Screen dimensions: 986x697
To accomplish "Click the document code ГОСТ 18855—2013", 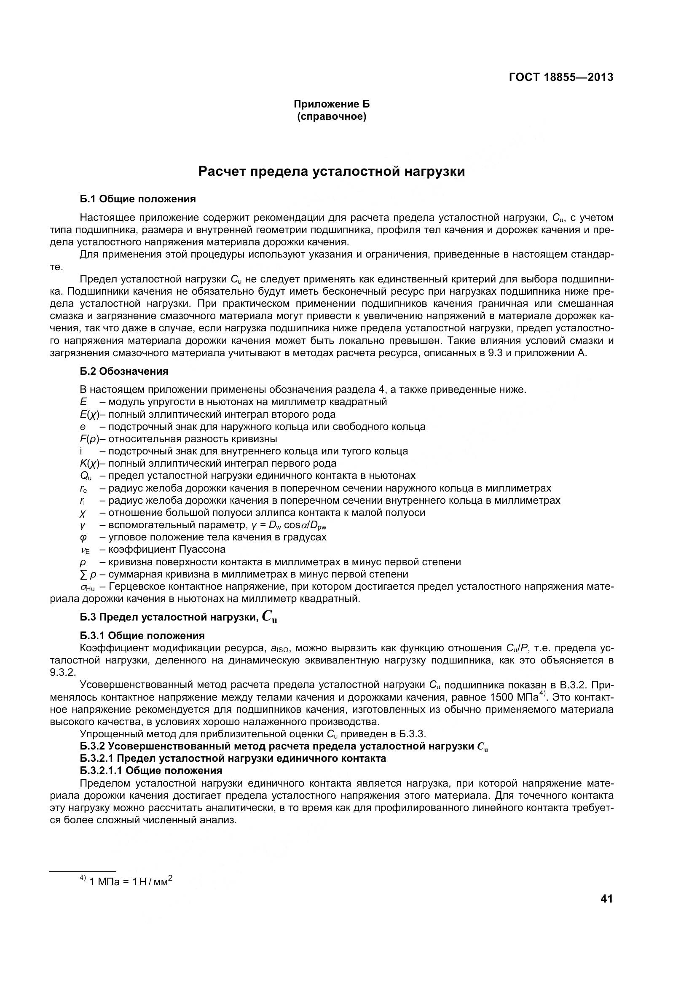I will click(x=561, y=77).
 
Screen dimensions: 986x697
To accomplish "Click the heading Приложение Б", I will click(x=331, y=104).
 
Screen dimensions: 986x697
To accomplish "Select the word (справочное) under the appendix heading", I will click(x=331, y=116).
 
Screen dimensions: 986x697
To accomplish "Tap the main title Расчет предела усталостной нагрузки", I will click(x=331, y=171).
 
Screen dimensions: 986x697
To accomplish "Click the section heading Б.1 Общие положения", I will click(x=138, y=199).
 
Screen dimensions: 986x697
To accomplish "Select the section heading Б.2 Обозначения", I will click(x=124, y=371).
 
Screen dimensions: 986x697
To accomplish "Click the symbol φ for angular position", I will click(x=83, y=537).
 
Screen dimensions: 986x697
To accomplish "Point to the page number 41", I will click(x=606, y=899).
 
